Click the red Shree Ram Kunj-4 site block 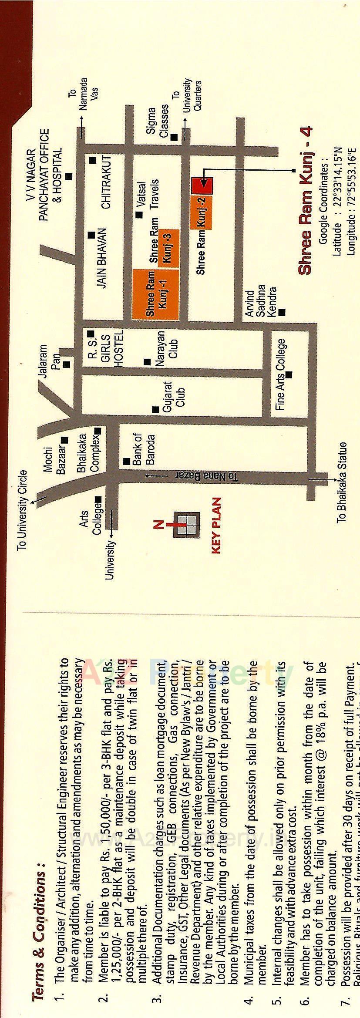pos(202,185)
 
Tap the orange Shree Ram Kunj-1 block pos(155,295)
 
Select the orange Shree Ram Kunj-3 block pos(168,246)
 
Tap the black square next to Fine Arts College pos(289,374)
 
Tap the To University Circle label pos(22,509)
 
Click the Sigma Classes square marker pos(174,138)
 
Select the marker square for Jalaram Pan pos(67,364)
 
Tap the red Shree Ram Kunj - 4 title pos(306,200)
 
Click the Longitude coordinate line pos(352,200)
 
